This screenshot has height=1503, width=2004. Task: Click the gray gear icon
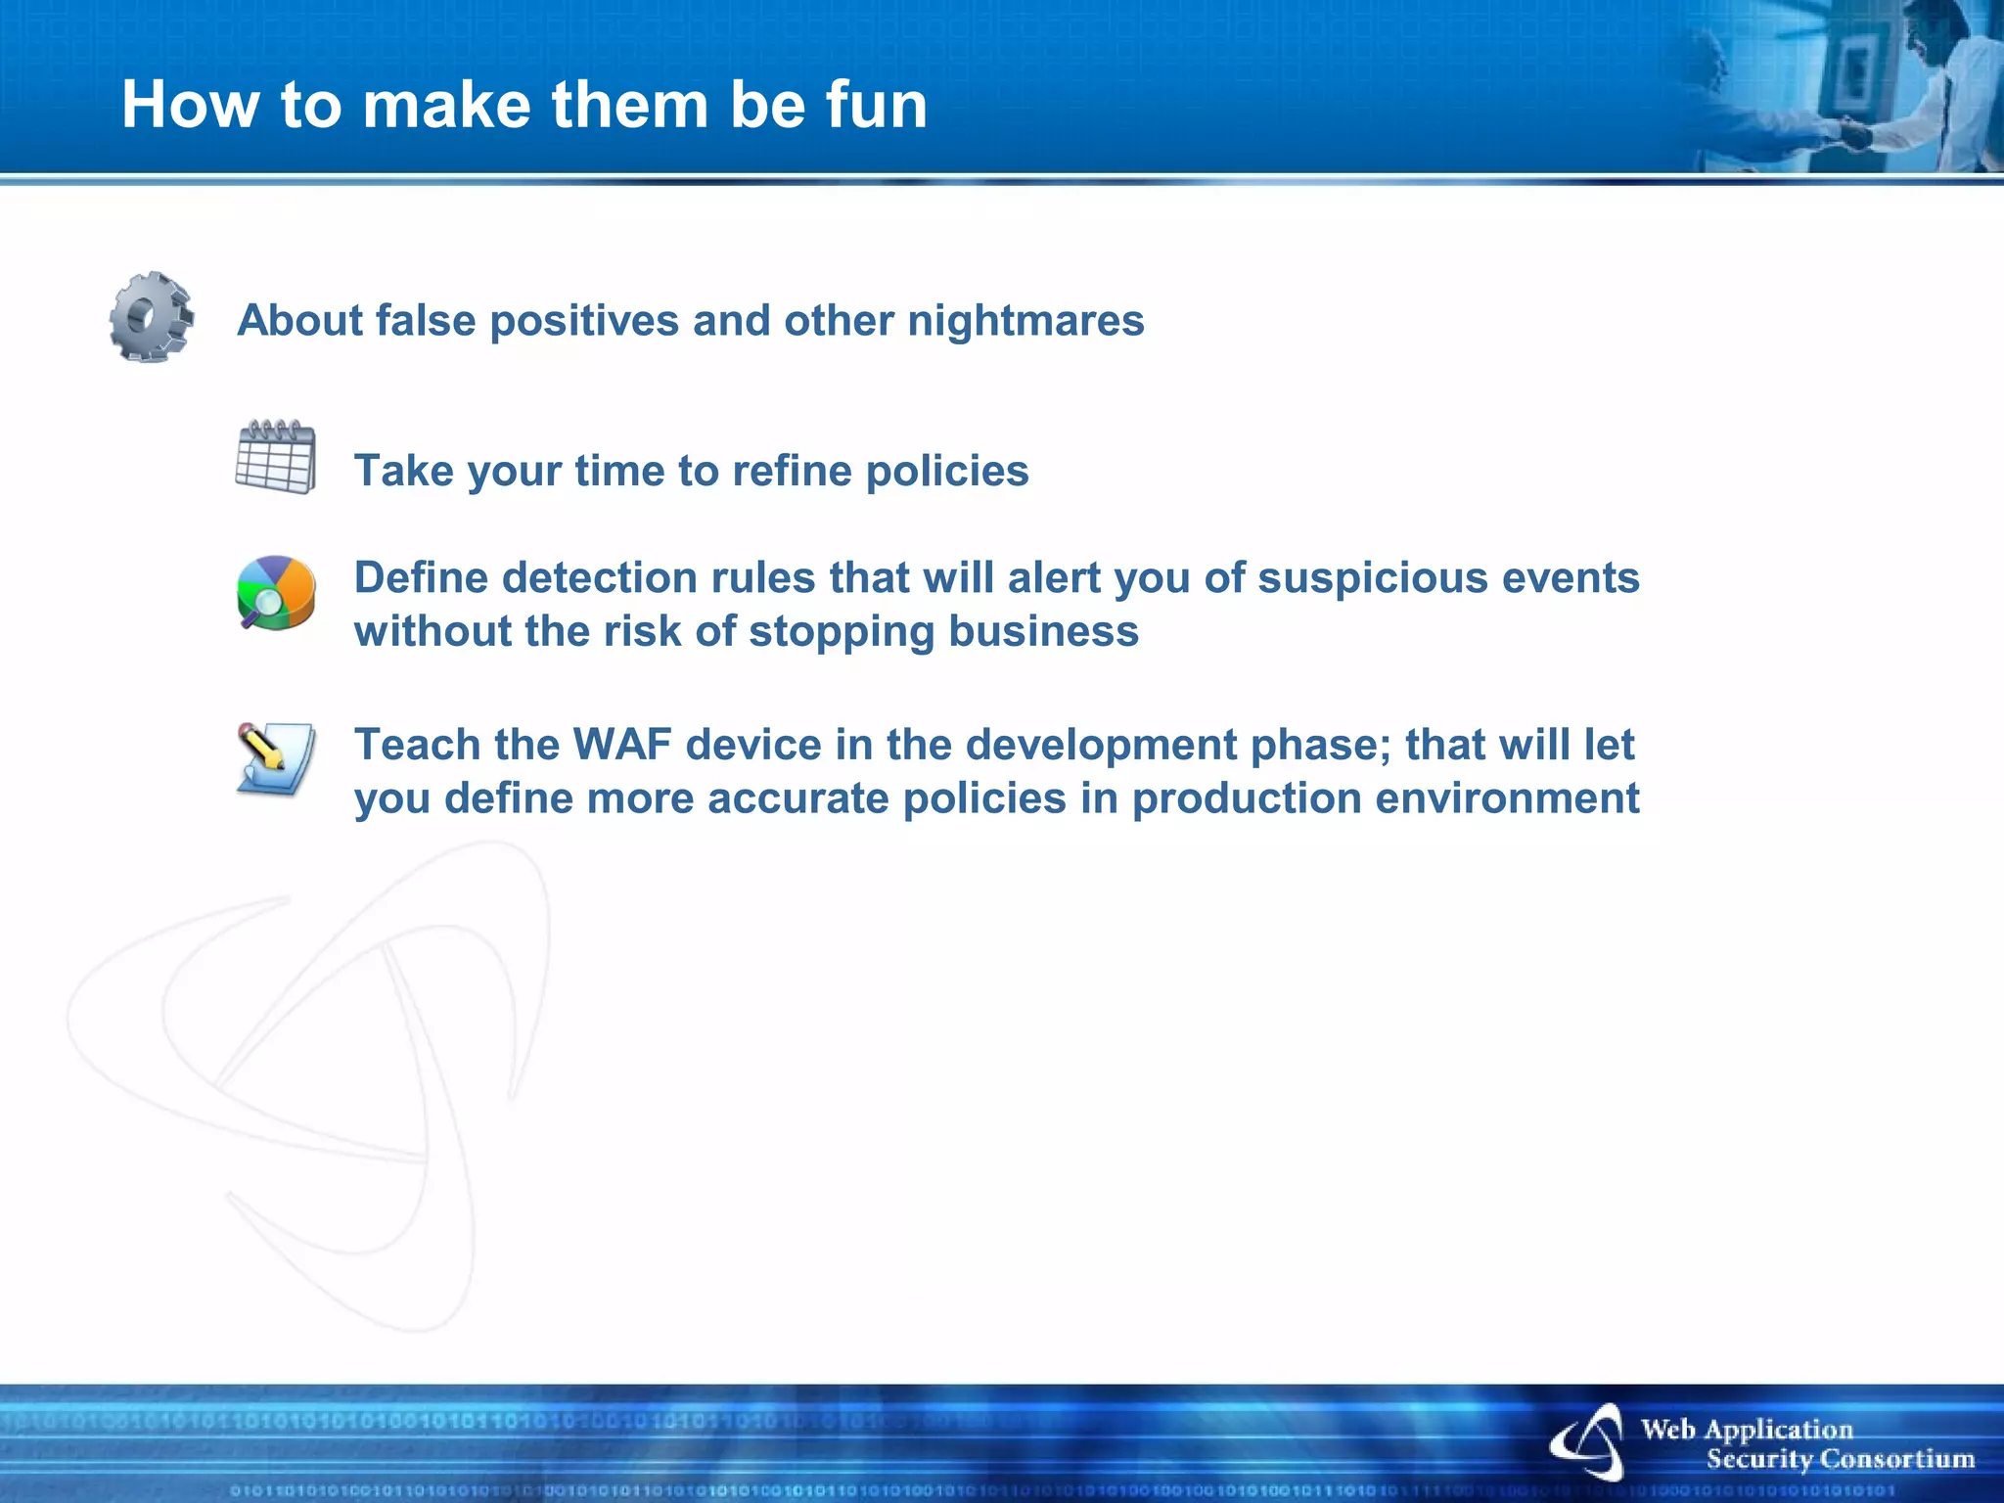tap(151, 317)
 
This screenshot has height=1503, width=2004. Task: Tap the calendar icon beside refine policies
tap(276, 458)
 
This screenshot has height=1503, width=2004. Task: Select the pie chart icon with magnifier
tap(276, 593)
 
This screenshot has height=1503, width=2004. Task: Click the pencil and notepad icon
tap(276, 759)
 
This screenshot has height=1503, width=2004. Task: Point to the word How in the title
tap(192, 105)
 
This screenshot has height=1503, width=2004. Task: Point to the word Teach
tap(417, 745)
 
